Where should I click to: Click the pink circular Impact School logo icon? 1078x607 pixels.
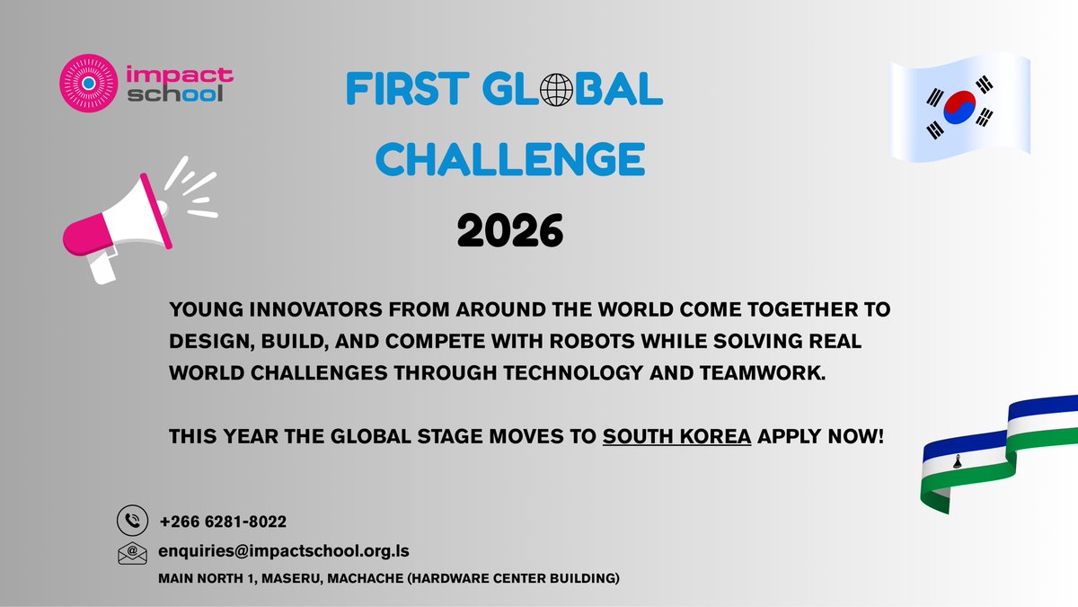[87, 83]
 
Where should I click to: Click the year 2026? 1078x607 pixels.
[509, 232]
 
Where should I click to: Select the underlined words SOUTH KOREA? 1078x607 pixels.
[676, 436]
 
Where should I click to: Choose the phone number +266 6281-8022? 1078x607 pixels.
[223, 522]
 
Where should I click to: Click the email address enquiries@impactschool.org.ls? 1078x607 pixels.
[284, 550]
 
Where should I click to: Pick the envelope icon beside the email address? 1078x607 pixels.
[132, 552]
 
